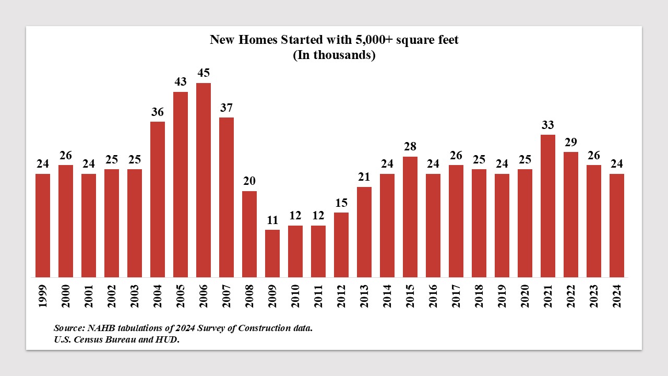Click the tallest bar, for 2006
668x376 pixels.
pyautogui.click(x=204, y=180)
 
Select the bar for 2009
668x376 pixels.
pyautogui.click(x=272, y=253)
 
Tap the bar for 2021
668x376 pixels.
pyautogui.click(x=548, y=206)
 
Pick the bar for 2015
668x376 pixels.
pyautogui.click(x=410, y=217)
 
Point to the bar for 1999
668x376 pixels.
pyautogui.click(x=43, y=225)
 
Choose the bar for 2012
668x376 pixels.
pyautogui.click(x=341, y=244)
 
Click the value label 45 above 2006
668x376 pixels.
pyautogui.click(x=204, y=73)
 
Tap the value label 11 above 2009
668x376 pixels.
pyautogui.click(x=272, y=220)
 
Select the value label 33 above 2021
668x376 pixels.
pyautogui.click(x=548, y=125)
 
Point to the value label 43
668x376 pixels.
pyautogui.click(x=181, y=82)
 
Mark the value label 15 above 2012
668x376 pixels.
pyautogui.click(x=341, y=203)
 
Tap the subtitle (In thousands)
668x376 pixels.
pyautogui.click(x=334, y=55)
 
